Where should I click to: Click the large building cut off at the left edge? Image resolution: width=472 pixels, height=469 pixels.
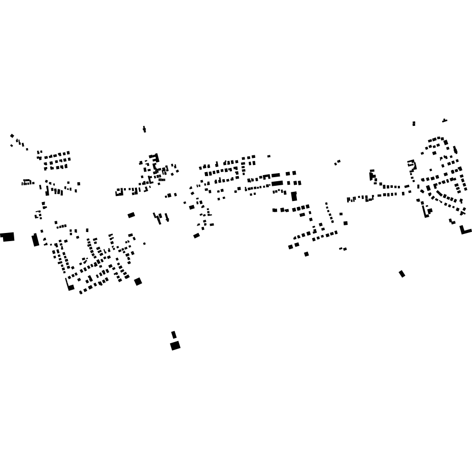[8, 237]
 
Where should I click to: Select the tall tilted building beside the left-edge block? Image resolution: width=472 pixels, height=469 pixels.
[35, 240]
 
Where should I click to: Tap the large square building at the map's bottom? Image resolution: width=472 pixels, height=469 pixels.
[175, 346]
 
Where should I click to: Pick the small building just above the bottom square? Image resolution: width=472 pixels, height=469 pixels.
[174, 334]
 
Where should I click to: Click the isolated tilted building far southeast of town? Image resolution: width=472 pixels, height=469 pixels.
[402, 274]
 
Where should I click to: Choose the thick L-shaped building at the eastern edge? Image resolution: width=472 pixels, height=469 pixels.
[465, 230]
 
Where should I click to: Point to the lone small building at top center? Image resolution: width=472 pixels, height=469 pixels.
[144, 129]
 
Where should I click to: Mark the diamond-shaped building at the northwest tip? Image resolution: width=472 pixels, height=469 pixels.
[12, 136]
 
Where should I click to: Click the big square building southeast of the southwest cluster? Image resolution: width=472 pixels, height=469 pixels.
[138, 282]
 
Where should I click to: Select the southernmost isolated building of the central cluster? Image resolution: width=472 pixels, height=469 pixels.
[307, 254]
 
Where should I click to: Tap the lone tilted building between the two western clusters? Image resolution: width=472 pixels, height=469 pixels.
[131, 215]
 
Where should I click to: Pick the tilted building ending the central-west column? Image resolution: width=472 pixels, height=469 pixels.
[196, 236]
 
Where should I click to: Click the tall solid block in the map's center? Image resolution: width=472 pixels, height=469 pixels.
[294, 196]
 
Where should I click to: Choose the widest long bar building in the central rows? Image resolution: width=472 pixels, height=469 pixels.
[277, 183]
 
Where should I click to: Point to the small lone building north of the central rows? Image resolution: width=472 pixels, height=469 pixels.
[268, 156]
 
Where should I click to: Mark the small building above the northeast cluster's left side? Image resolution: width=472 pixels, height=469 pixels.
[414, 123]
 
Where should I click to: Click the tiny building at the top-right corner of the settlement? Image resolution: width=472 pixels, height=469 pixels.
[445, 120]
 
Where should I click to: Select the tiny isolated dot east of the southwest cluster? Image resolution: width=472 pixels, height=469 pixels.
[144, 244]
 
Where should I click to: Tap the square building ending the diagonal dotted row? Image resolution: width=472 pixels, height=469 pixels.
[345, 223]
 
